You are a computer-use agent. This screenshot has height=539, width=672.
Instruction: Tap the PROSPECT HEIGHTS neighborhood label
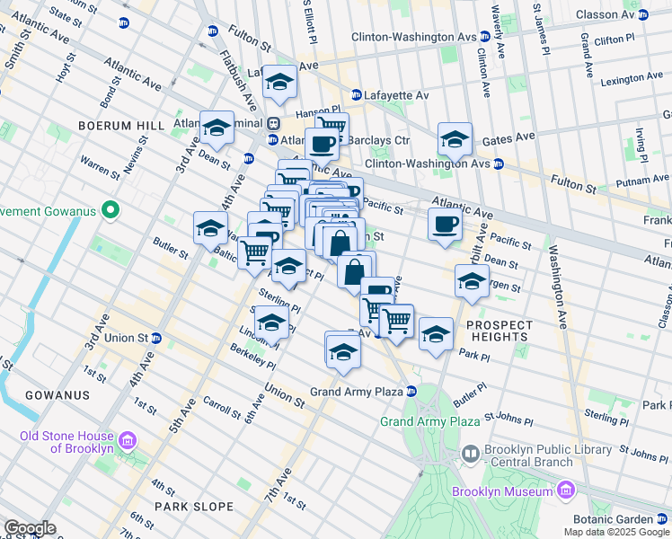click(x=492, y=331)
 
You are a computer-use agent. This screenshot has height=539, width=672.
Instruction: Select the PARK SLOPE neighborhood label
click(x=193, y=507)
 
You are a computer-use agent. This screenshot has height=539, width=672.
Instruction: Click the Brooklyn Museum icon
click(x=564, y=490)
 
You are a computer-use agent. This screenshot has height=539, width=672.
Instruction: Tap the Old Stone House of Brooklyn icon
click(x=127, y=441)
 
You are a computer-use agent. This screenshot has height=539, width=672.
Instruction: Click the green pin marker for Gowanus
click(x=111, y=211)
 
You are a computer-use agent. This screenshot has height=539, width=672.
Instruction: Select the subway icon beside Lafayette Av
click(x=356, y=94)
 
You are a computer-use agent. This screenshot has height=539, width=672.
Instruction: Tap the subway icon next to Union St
click(x=156, y=339)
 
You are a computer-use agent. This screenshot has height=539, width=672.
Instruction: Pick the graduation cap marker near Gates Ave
click(x=455, y=139)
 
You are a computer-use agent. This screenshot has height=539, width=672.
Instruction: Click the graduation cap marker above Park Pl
click(x=436, y=335)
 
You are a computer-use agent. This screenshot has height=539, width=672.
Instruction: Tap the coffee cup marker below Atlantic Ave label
click(x=445, y=225)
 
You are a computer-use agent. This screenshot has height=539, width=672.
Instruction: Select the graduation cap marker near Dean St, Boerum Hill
click(x=217, y=130)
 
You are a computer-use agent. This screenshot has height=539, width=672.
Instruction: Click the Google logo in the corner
click(x=30, y=528)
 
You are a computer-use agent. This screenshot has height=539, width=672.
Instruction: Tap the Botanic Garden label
click(x=615, y=519)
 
